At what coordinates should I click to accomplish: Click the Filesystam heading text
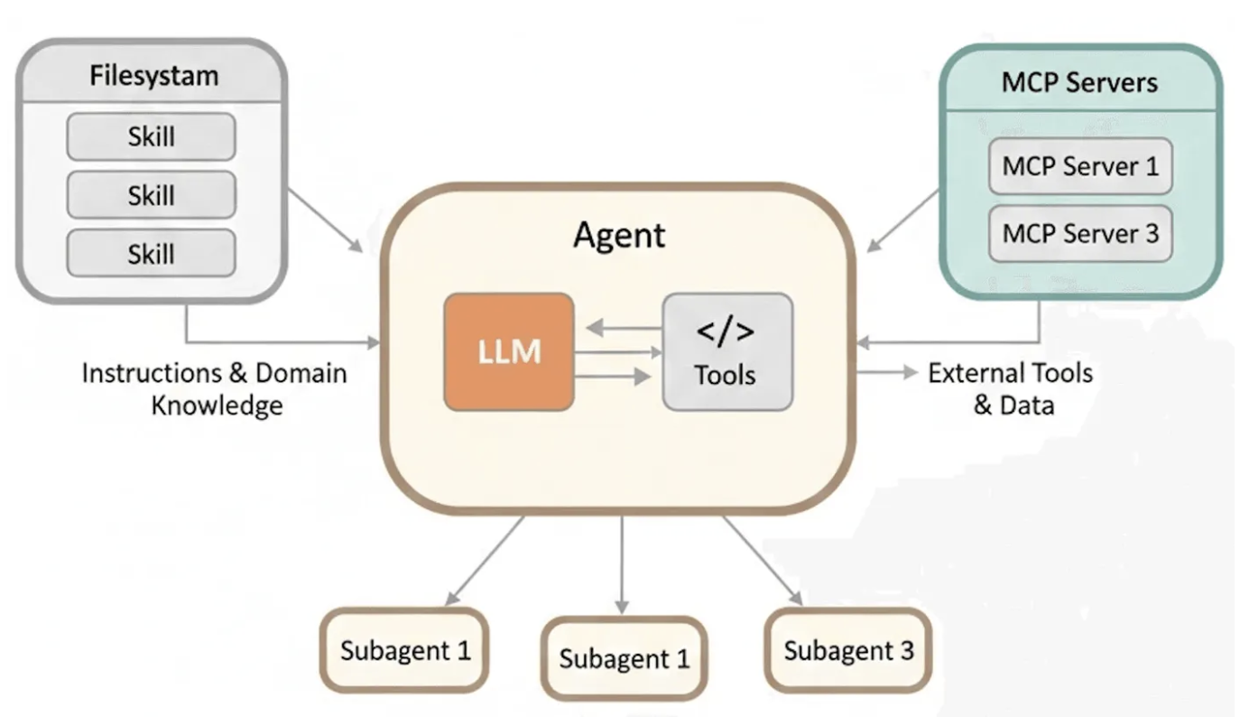[154, 76]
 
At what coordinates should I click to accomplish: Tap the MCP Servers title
[1079, 82]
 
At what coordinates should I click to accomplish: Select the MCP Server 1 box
[1080, 165]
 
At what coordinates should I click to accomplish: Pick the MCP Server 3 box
[1080, 233]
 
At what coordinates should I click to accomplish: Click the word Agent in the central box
[619, 236]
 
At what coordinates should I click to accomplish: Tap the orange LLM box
[509, 352]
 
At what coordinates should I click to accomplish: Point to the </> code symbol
[726, 331]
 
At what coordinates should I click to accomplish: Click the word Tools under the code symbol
[726, 375]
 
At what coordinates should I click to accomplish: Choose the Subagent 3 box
[848, 650]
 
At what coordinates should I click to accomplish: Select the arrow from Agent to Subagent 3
[763, 560]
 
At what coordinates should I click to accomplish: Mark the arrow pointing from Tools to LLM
[624, 328]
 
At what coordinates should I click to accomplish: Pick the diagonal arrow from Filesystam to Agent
[326, 220]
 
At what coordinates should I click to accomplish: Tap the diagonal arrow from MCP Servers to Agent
[902, 220]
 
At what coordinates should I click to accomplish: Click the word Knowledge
[217, 405]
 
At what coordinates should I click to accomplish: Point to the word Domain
[301, 373]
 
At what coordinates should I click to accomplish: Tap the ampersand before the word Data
[983, 405]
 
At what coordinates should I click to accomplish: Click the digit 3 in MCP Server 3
[1152, 233]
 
